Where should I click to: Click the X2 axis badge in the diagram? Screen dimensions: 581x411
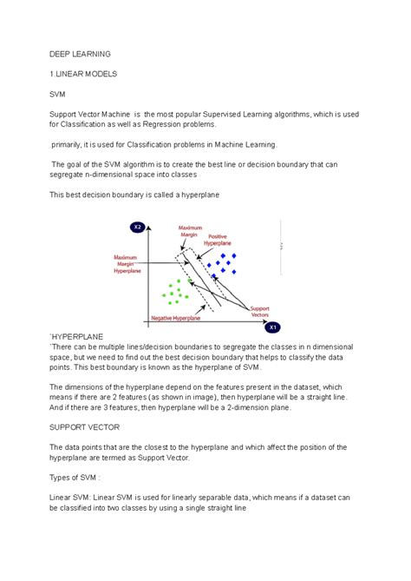[x=137, y=228]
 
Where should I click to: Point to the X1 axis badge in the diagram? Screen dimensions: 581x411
[x=271, y=327]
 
